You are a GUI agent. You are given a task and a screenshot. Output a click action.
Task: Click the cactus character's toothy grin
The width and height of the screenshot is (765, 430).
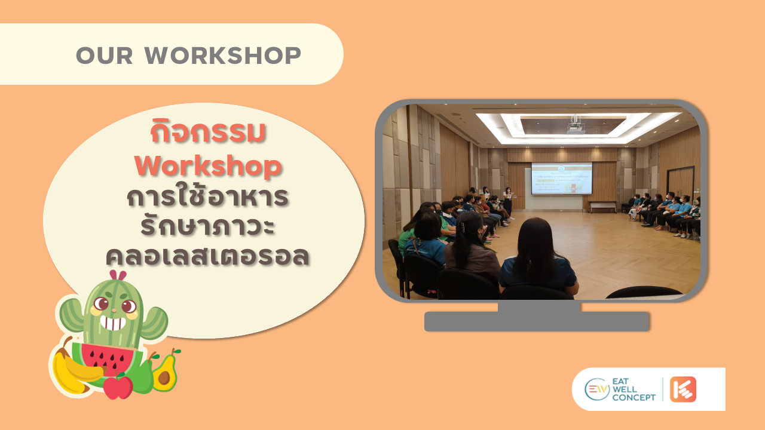click(112, 323)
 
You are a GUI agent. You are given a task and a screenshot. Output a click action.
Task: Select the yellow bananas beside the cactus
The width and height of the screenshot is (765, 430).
click(72, 370)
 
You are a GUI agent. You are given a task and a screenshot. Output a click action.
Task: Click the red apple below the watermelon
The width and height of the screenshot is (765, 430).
click(118, 386)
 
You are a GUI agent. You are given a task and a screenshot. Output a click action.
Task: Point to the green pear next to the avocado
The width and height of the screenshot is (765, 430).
click(142, 376)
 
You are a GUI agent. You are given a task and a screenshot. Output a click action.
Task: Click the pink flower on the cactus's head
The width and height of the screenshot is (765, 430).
click(118, 276)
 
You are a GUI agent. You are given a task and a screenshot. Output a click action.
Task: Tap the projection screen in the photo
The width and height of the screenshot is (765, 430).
click(561, 178)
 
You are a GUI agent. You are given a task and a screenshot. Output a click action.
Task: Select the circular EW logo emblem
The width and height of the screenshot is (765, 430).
click(596, 389)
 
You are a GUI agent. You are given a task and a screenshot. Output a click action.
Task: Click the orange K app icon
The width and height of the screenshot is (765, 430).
click(683, 389)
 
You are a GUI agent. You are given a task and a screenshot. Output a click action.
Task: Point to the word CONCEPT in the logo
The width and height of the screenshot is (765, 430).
click(634, 398)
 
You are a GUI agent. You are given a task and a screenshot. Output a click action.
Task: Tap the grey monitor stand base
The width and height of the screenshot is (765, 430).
click(537, 321)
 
